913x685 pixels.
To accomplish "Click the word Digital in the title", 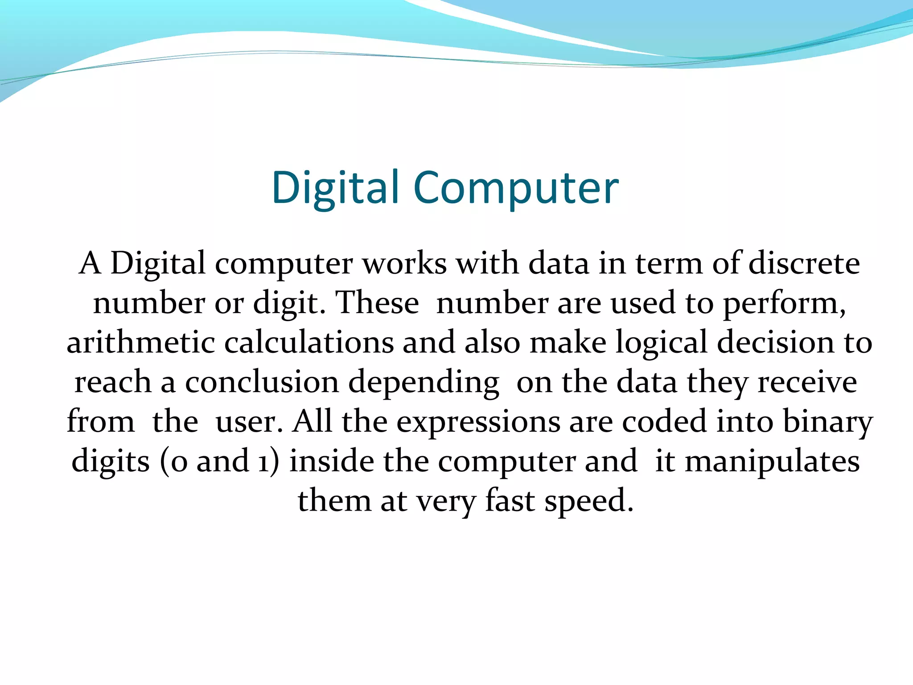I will point(334,188).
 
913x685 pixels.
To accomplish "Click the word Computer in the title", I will point(516,188).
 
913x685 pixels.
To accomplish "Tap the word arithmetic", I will point(141,342).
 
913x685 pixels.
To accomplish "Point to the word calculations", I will point(308,342).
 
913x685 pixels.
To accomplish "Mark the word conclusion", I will point(262,382).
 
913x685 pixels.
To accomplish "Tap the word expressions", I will point(478,422).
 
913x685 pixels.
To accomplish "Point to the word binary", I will point(827,422).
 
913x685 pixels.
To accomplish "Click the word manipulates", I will point(772,462).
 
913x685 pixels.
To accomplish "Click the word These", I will point(377,303).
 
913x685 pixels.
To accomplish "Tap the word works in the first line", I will point(404,263).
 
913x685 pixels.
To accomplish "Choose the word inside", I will point(332,461).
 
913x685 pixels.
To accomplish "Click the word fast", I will point(510,500).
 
